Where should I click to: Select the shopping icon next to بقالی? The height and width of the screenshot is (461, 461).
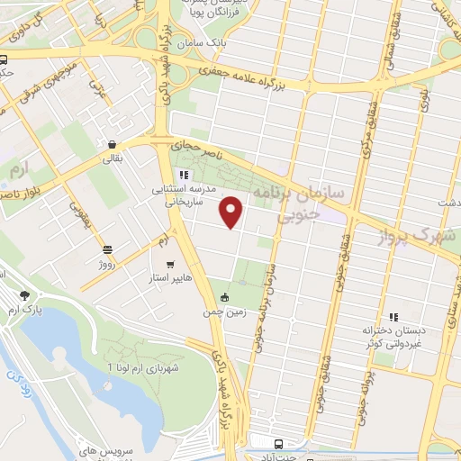tap(111, 144)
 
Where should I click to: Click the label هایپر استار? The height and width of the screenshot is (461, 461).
tap(170, 280)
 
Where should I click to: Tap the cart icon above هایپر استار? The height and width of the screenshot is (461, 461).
tap(170, 266)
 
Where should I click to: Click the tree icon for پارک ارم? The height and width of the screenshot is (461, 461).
tap(24, 294)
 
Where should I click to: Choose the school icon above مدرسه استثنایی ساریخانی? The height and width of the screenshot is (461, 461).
tap(183, 175)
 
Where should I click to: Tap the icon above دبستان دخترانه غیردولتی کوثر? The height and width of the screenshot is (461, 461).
tap(393, 317)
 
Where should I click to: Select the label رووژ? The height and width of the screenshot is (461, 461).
tap(108, 264)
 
